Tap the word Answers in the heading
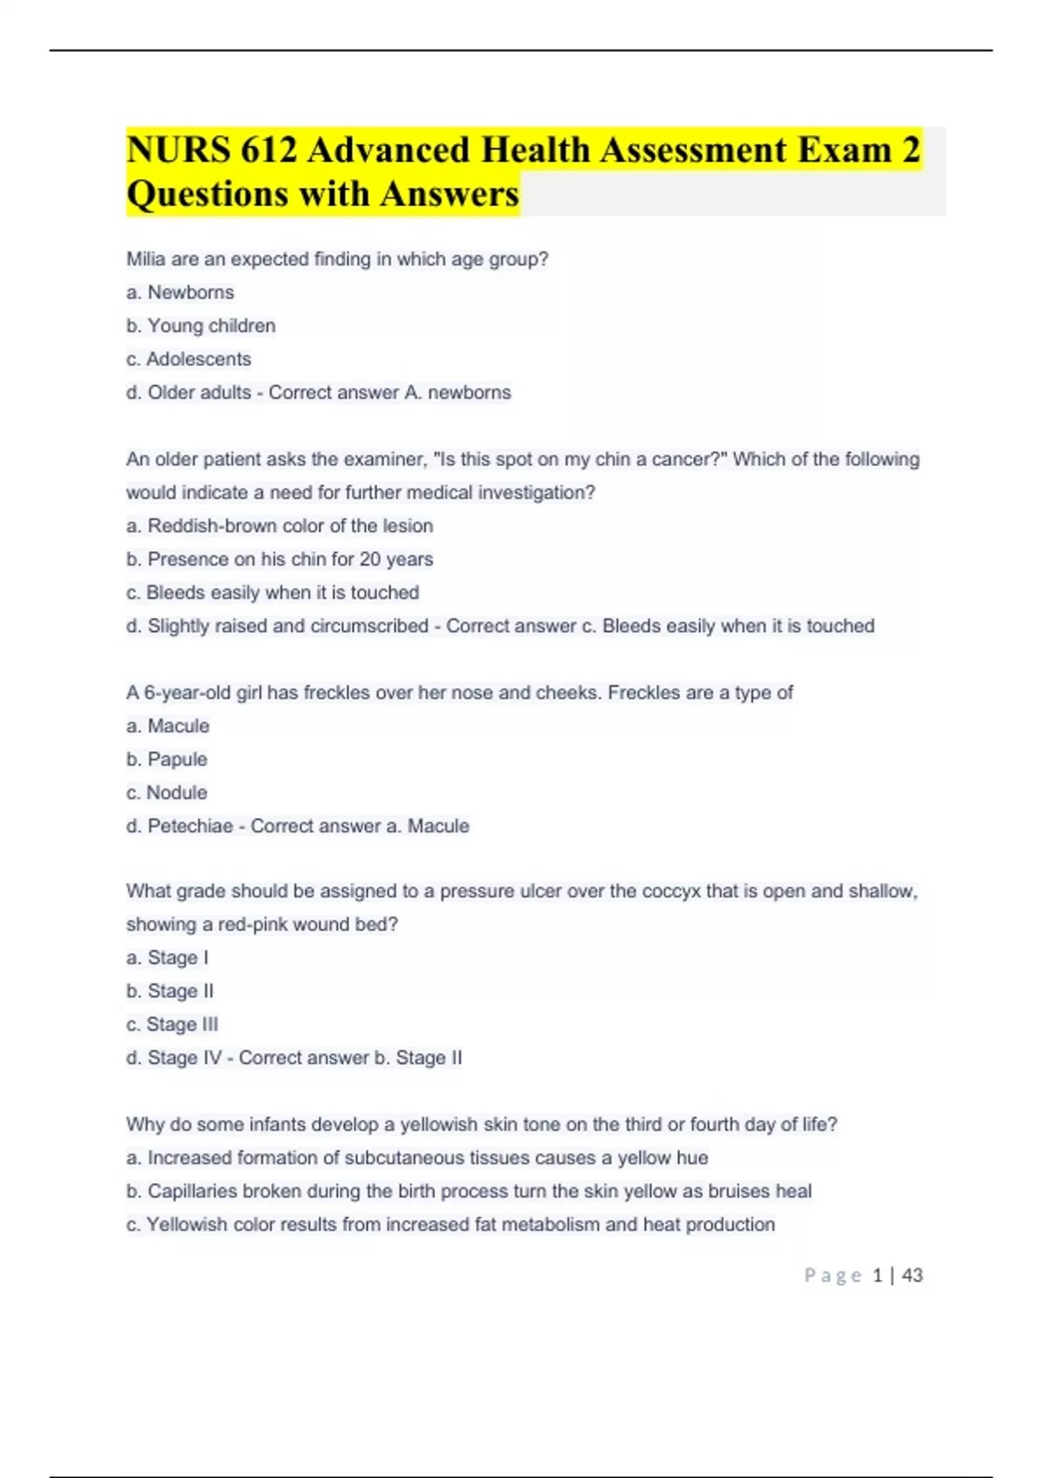pos(449,194)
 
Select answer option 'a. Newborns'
pos(180,292)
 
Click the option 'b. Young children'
pos(201,326)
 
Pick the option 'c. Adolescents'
pos(189,359)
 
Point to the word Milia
pos(145,259)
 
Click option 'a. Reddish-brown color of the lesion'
pos(279,526)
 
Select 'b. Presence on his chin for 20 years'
pos(279,559)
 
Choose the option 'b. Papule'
pos(167,759)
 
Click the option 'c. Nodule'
pos(167,793)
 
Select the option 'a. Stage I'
pos(167,958)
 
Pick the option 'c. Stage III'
pos(172,1024)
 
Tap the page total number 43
pos(913,1275)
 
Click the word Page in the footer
pos(833,1275)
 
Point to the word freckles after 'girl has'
pos(337,693)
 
